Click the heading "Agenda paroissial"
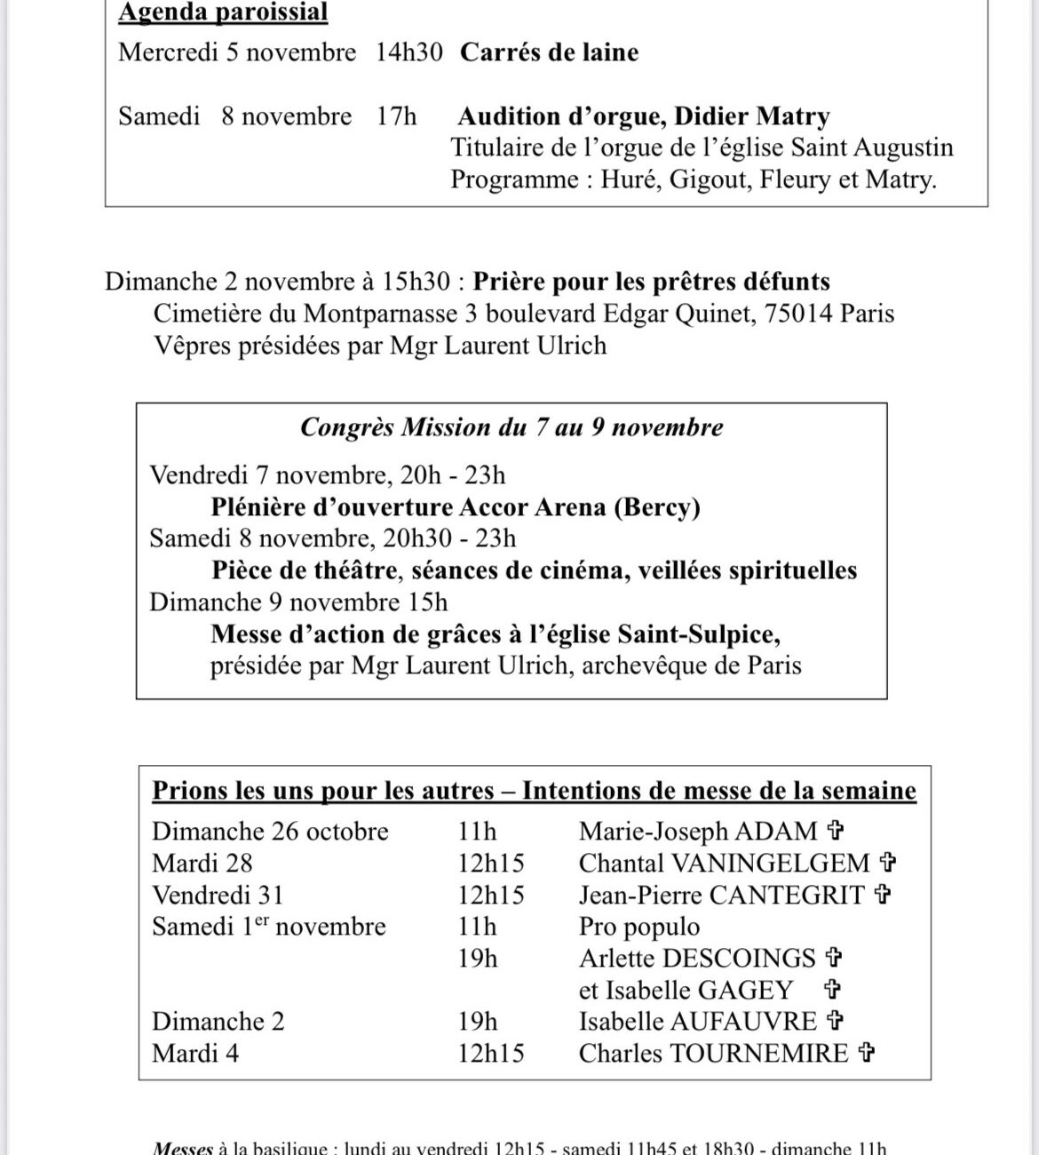[223, 12]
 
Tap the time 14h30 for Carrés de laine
[408, 52]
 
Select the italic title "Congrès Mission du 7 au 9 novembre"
[512, 427]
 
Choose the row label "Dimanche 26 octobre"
[270, 832]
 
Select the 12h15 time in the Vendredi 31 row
[491, 896]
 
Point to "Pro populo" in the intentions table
[638, 927]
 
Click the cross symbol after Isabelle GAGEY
[833, 990]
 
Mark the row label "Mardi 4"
[195, 1054]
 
